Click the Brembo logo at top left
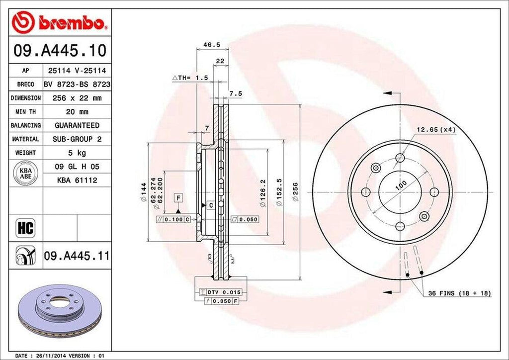60,22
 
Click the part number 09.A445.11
77,256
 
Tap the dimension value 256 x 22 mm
77,98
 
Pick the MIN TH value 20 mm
77,112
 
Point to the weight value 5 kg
77,152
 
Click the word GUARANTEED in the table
77,125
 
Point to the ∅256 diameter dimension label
295,191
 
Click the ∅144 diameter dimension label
144,191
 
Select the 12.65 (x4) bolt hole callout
435,130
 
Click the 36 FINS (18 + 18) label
459,293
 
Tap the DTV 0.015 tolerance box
217,291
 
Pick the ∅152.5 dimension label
279,191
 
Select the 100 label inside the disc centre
400,184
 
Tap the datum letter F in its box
177,198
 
